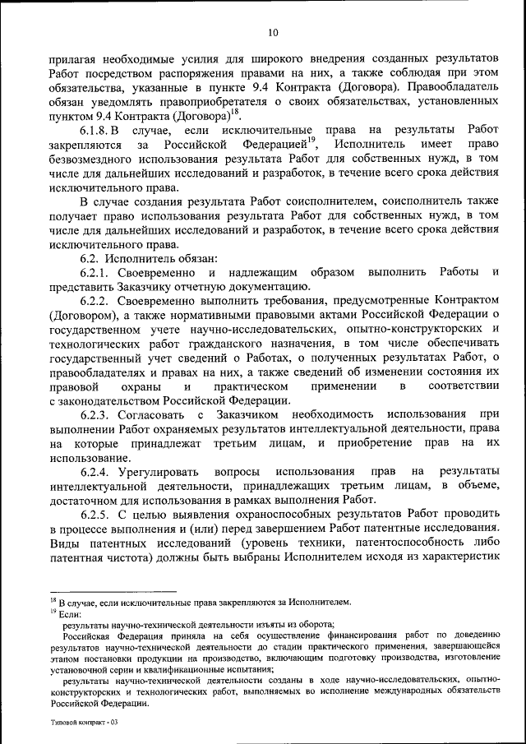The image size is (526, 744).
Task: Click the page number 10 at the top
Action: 273,33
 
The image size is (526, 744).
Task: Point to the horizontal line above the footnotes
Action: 113,591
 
